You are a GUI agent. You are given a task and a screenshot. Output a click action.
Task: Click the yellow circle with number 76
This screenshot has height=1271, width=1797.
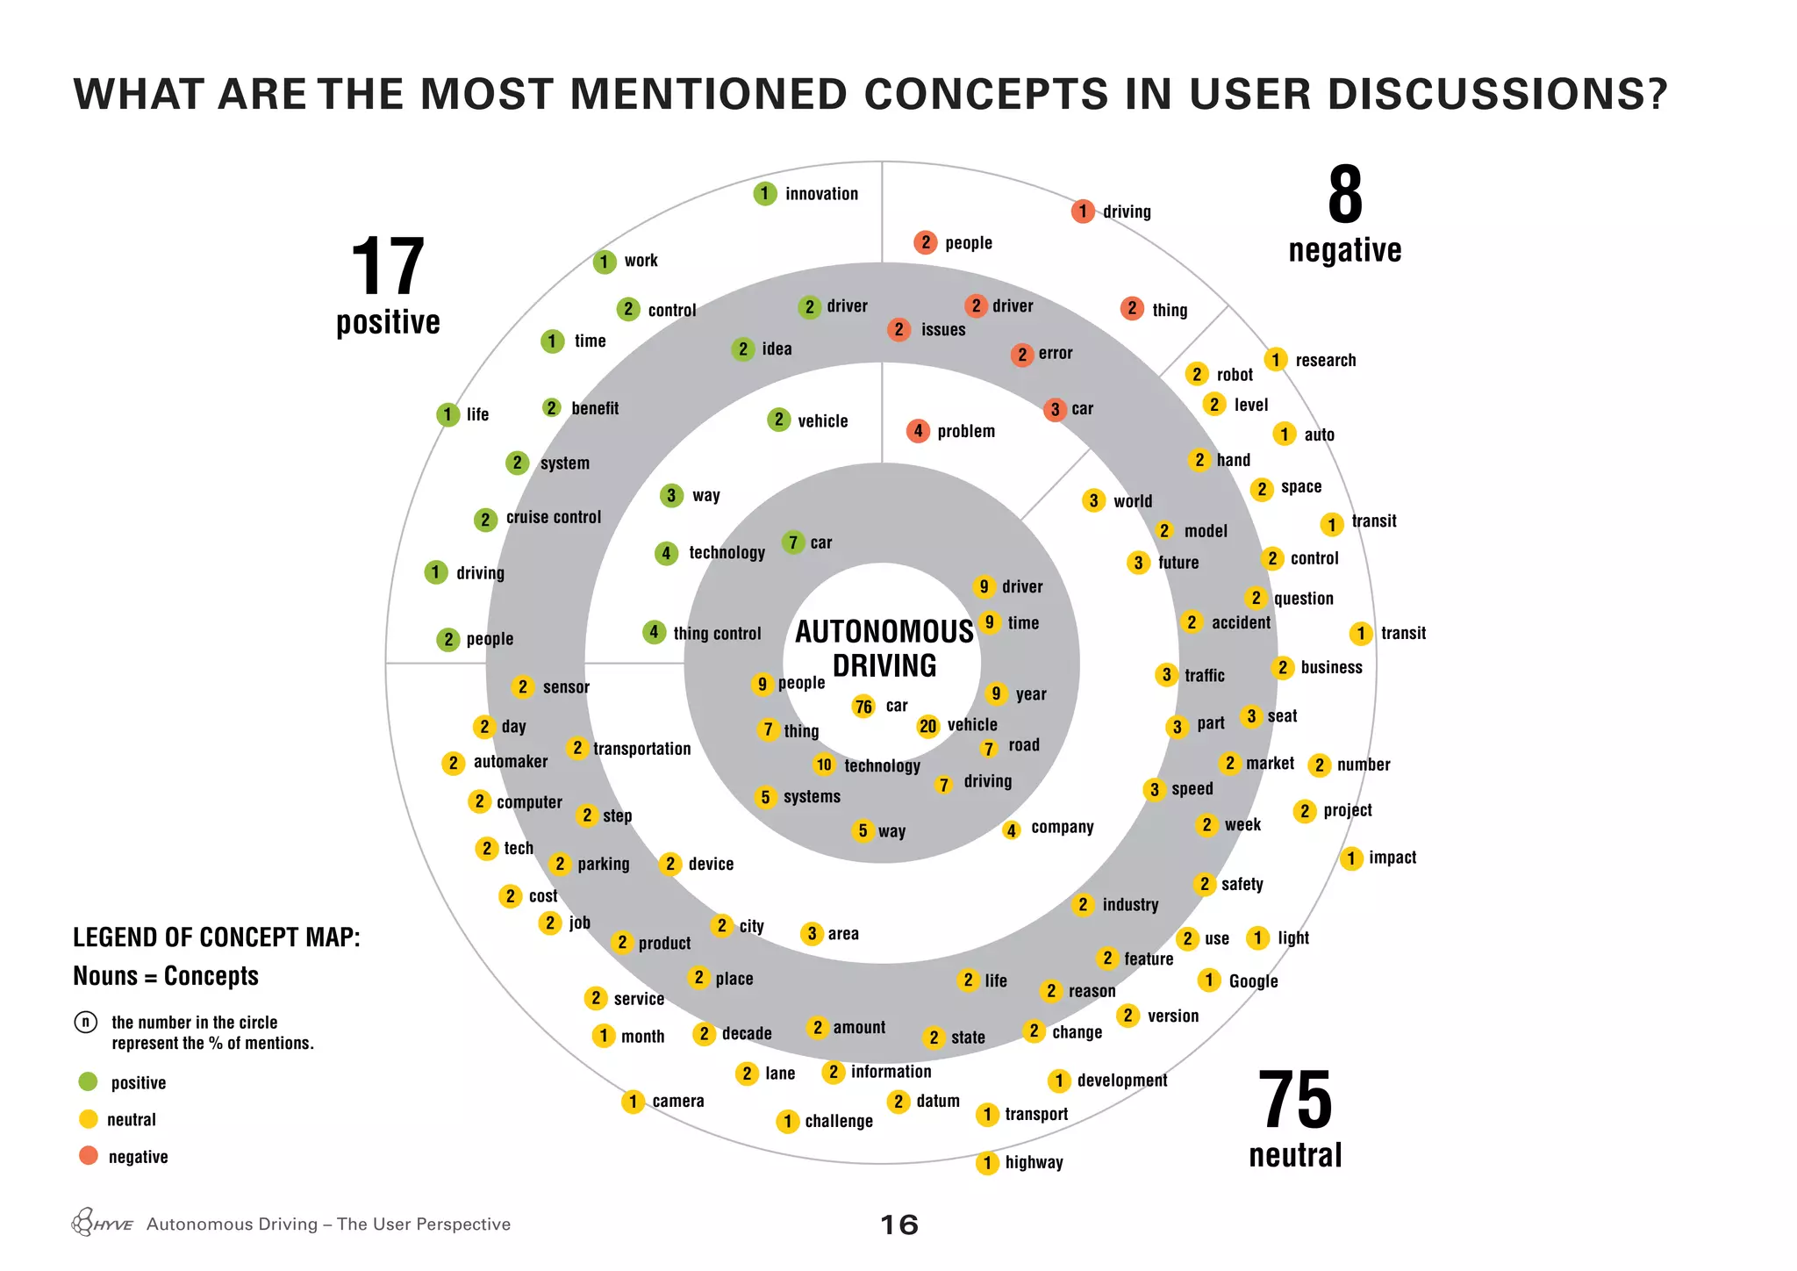(x=863, y=707)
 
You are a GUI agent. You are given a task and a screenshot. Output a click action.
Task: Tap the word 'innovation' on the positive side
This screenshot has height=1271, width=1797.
(x=821, y=194)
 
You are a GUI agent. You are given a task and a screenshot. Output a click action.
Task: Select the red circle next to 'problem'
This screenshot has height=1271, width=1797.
(x=918, y=431)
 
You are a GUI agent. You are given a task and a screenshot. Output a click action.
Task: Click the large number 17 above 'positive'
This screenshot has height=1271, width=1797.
(x=387, y=267)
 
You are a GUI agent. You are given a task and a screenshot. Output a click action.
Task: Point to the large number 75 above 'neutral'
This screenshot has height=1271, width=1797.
(x=1294, y=1100)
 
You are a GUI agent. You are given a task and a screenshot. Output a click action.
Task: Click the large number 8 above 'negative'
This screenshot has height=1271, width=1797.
(x=1344, y=196)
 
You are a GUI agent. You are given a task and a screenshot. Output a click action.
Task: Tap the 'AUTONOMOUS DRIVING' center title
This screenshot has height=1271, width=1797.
(x=884, y=649)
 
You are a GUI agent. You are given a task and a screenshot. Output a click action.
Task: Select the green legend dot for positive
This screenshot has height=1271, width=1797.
(x=88, y=1081)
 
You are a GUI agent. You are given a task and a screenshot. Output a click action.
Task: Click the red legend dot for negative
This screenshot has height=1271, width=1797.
(x=88, y=1155)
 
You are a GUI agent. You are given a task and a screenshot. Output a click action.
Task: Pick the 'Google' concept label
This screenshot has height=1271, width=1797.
(x=1253, y=981)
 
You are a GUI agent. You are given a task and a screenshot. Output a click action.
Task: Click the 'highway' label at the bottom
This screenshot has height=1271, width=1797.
(x=1034, y=1163)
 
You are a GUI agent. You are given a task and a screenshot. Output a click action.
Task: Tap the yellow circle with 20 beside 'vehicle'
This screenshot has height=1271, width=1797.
(x=927, y=726)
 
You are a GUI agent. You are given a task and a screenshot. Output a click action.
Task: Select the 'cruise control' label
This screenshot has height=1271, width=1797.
(x=553, y=518)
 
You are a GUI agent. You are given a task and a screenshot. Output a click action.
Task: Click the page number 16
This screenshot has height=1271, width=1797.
(x=898, y=1224)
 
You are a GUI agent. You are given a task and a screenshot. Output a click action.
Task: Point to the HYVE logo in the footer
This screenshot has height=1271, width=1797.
(x=102, y=1223)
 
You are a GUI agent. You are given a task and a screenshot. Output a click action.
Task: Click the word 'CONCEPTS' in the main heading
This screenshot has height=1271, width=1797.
(x=986, y=94)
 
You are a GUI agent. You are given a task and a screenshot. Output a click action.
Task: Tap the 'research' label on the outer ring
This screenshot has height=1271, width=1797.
(x=1325, y=361)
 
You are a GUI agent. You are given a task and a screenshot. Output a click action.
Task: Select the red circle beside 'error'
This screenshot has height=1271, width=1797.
(x=1021, y=355)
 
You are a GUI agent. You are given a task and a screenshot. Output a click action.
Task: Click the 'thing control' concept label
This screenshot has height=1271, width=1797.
(x=717, y=634)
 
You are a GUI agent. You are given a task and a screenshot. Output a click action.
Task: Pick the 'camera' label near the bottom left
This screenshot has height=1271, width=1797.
(x=677, y=1102)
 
